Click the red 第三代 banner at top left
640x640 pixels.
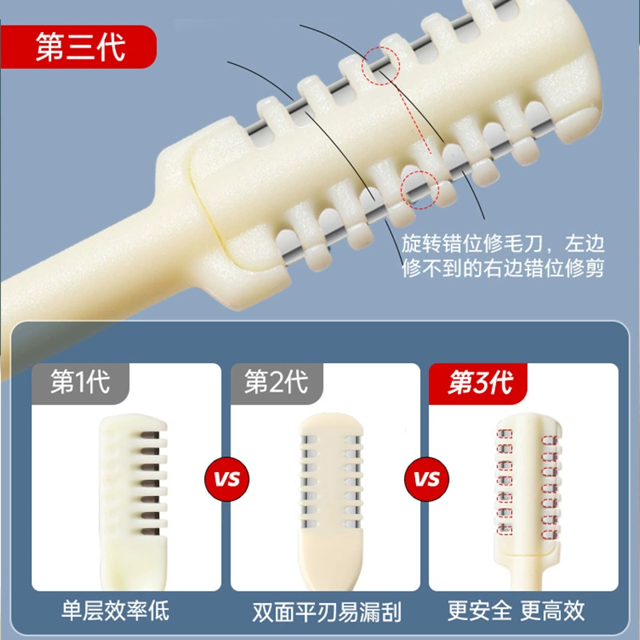pyautogui.click(x=78, y=46)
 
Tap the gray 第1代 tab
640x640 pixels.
pyautogui.click(x=81, y=383)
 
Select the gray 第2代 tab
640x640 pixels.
pyautogui.click(x=277, y=383)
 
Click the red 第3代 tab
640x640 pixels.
pyautogui.click(x=478, y=383)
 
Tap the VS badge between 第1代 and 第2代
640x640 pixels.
pyautogui.click(x=227, y=478)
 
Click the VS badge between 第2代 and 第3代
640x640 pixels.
pyautogui.click(x=426, y=478)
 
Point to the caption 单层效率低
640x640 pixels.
pyautogui.click(x=115, y=610)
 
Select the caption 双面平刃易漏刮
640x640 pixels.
pyautogui.click(x=326, y=612)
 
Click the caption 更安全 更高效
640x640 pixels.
pyautogui.click(x=516, y=610)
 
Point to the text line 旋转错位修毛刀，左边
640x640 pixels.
pyautogui.click(x=503, y=244)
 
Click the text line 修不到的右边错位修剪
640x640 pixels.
pyautogui.click(x=503, y=268)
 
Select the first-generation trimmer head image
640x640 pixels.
pyautogui.click(x=134, y=502)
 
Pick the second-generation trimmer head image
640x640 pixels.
pyautogui.click(x=330, y=502)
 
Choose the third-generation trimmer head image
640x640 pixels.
pyautogui.click(x=528, y=502)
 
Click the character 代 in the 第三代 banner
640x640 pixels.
pyautogui.click(x=111, y=47)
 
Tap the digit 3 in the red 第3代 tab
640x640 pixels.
pyautogui.click(x=481, y=383)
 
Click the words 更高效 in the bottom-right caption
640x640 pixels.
pyautogui.click(x=553, y=610)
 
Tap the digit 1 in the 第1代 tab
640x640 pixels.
pyautogui.click(x=82, y=382)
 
